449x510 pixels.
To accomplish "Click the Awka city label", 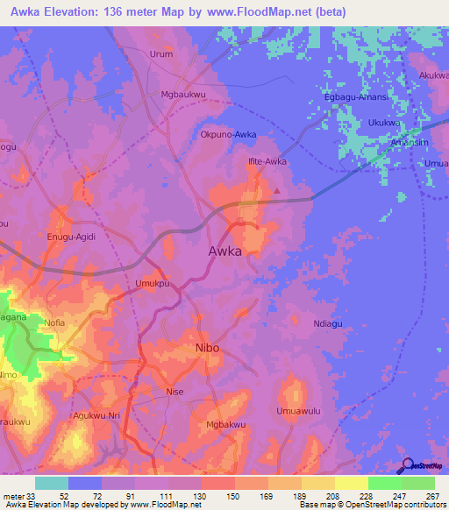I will tap(224, 251).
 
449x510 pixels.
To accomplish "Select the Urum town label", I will tap(161, 53).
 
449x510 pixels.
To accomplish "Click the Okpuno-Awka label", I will tap(228, 135).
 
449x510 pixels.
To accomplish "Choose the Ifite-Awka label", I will tap(267, 161).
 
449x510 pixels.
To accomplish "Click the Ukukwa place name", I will tap(384, 123).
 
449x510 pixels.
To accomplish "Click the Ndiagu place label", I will tap(331, 323).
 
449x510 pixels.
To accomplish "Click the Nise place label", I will tap(175, 392).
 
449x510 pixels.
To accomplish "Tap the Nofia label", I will tap(54, 322).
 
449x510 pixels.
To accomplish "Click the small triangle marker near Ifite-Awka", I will tap(278, 189).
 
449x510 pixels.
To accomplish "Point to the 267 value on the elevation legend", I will tap(430, 496).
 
